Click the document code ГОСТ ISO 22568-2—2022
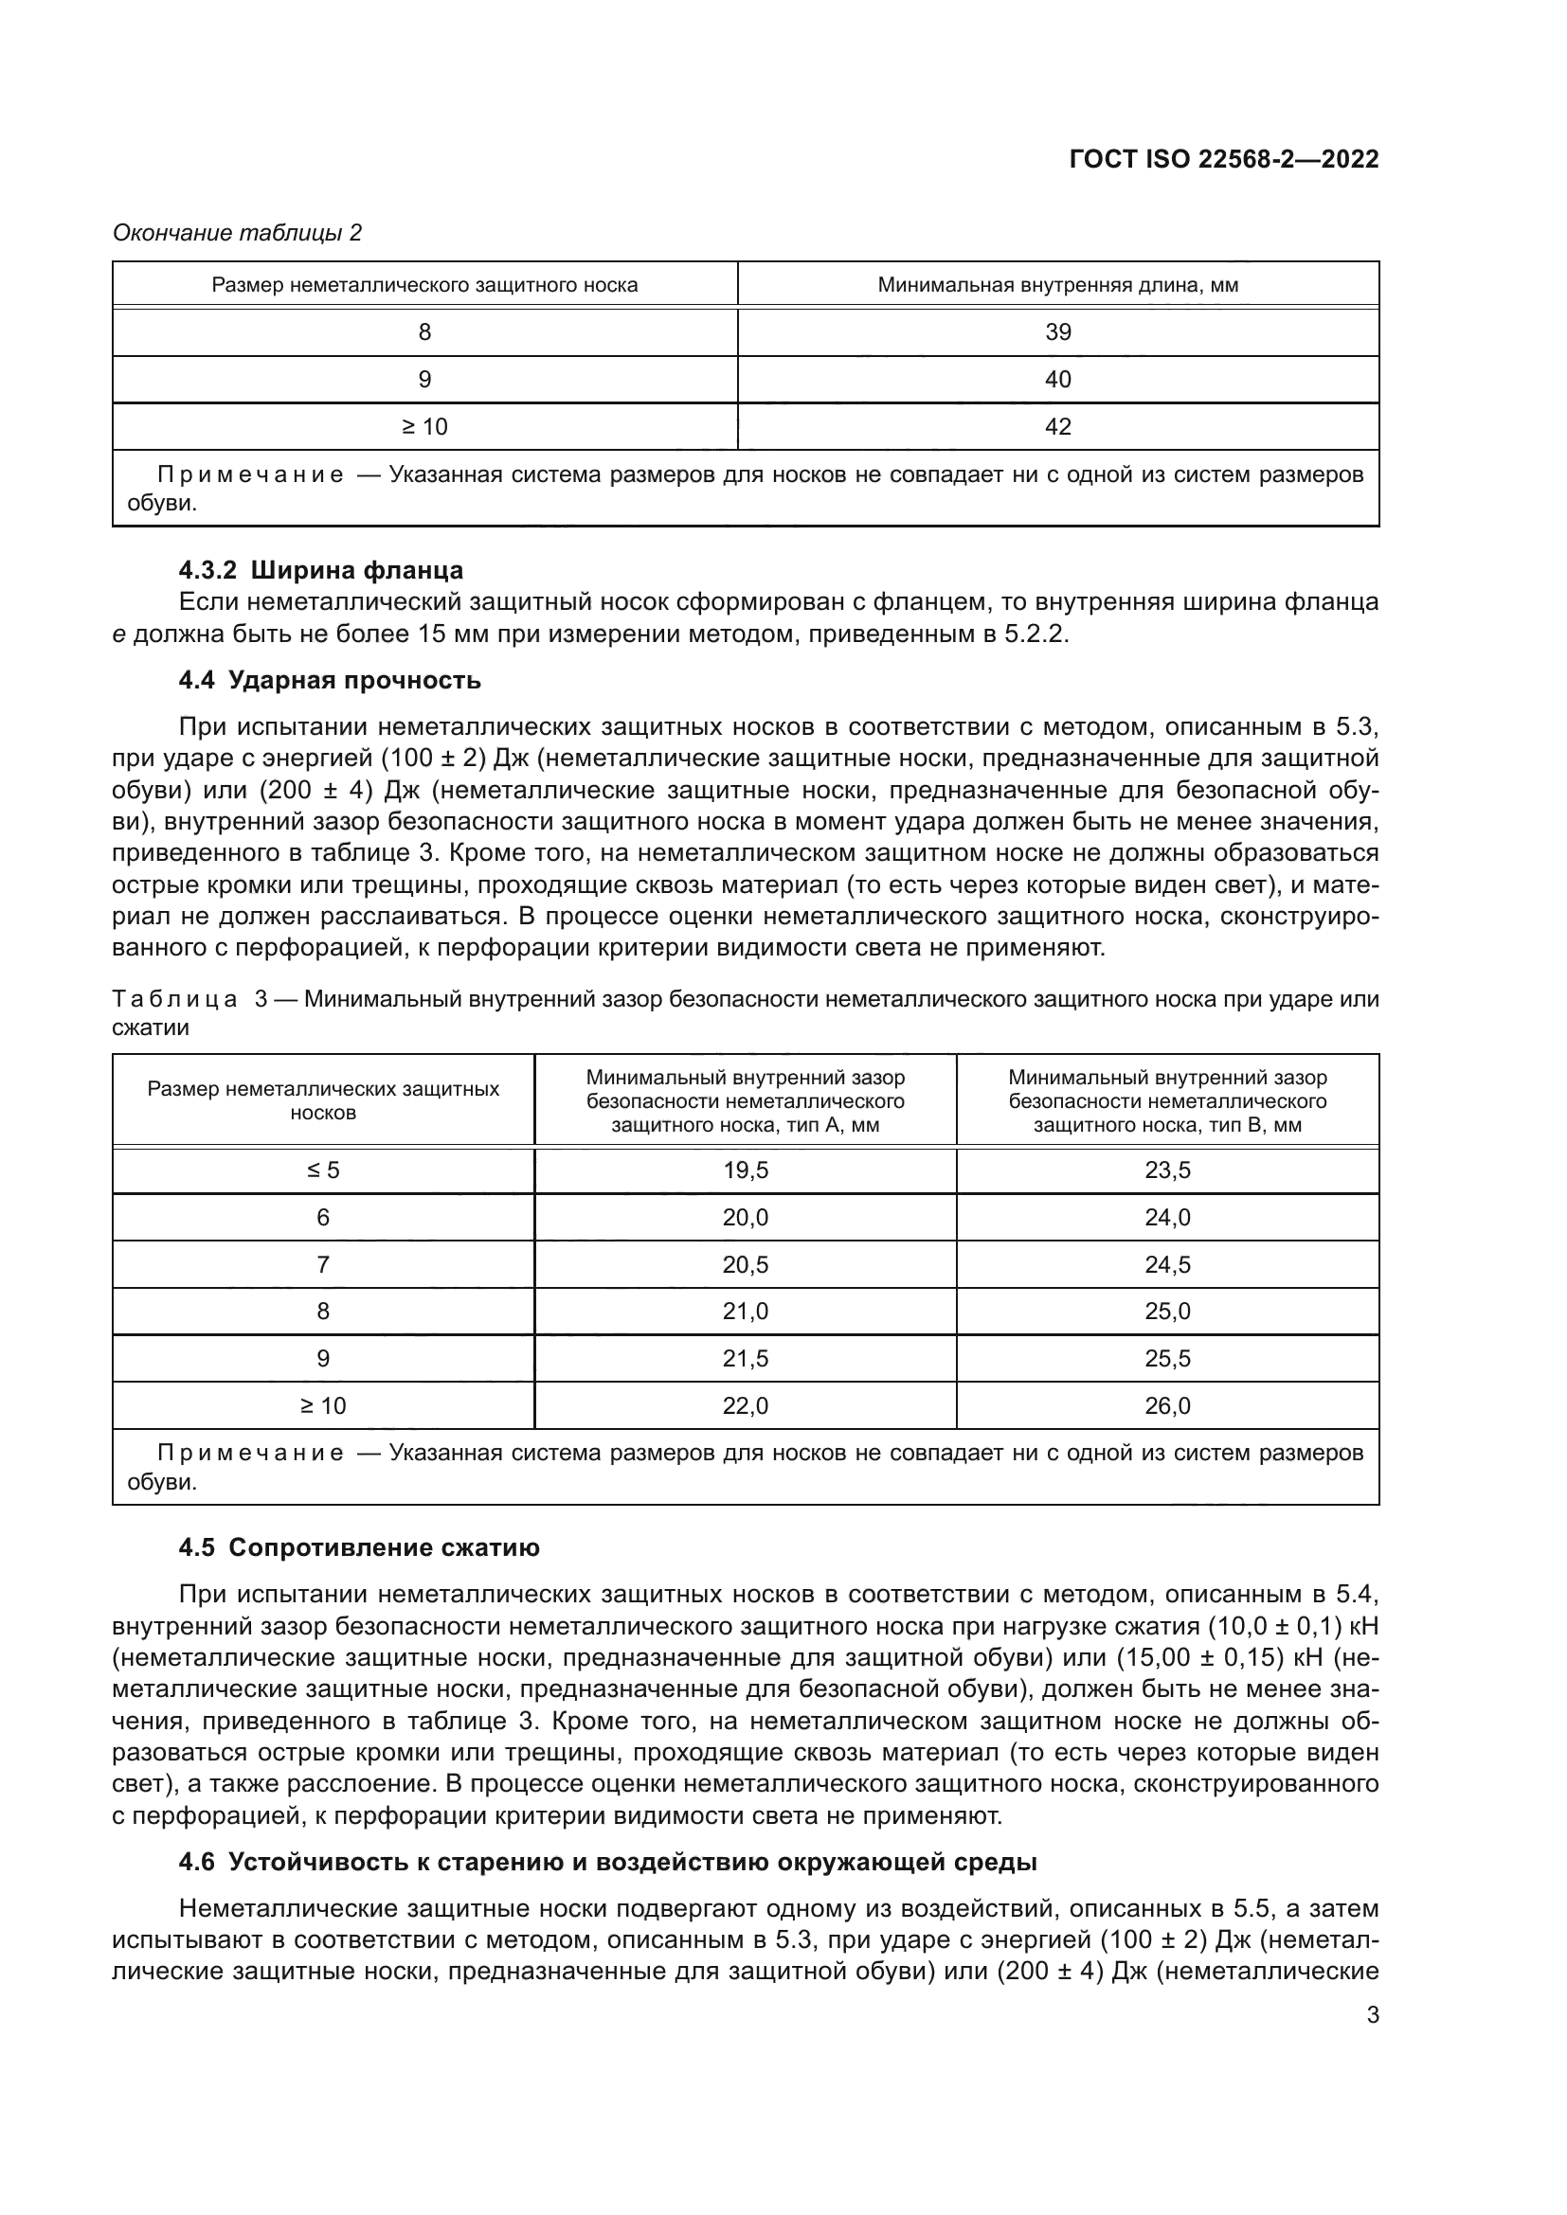tap(1223, 159)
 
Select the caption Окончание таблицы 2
tap(238, 233)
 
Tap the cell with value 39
tap(1057, 331)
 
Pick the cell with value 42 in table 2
tap(1057, 426)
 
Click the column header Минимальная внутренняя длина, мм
tap(1057, 285)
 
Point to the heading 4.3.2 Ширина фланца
tap(320, 569)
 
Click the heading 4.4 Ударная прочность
tap(329, 680)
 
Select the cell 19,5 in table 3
tap(745, 1170)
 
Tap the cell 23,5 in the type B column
tap(1167, 1170)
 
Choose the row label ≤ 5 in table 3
tap(323, 1170)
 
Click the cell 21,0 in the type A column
tap(745, 1311)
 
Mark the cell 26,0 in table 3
tap(1167, 1405)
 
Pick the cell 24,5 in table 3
tap(1167, 1264)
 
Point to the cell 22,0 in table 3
tap(745, 1405)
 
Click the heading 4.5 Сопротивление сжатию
tap(359, 1547)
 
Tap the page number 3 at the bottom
tap(1372, 2014)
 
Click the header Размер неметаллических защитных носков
tap(323, 1099)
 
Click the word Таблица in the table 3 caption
tap(174, 998)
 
